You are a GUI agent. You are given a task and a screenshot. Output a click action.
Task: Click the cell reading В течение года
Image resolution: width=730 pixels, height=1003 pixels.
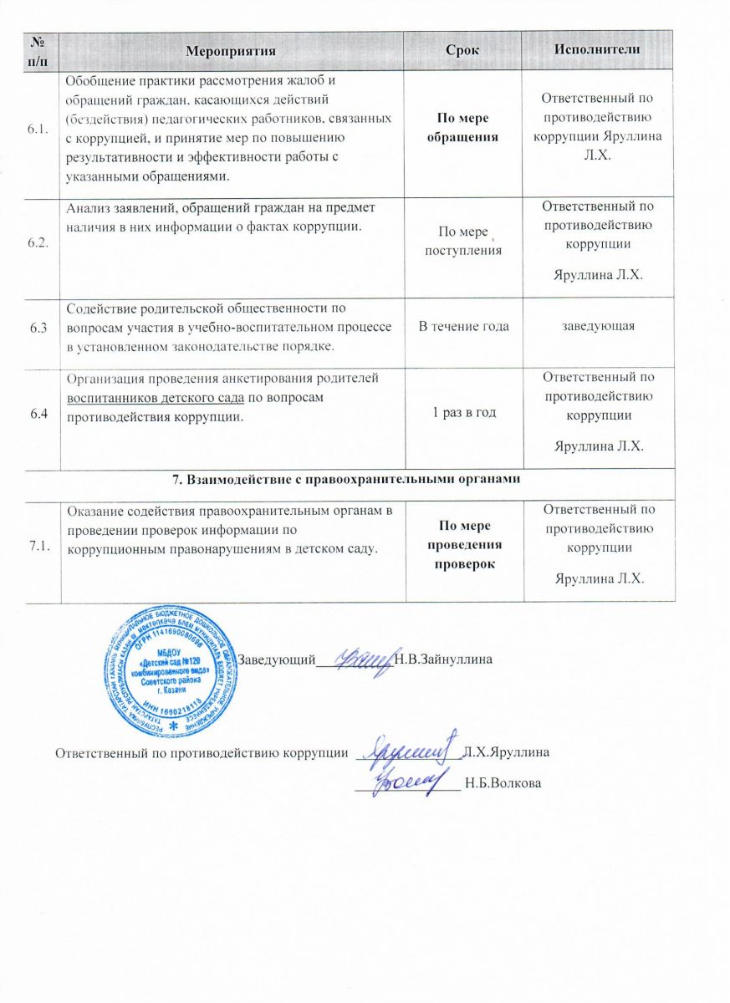(463, 326)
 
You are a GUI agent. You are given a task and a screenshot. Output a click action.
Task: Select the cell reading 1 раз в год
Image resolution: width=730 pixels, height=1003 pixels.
(462, 416)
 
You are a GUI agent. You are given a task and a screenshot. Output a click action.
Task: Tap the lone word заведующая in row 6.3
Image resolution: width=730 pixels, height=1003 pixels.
(597, 326)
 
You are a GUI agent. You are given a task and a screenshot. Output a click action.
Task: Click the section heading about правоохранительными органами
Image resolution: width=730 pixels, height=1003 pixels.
(346, 479)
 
